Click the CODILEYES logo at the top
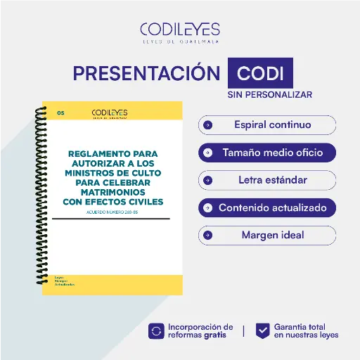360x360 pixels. point(179,32)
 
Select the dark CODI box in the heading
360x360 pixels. point(260,74)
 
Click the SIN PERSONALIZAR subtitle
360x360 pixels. point(269,94)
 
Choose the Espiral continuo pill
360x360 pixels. point(267,125)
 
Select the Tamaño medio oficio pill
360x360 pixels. point(267,153)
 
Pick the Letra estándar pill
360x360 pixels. point(267,180)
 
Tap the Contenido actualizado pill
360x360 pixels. point(267,207)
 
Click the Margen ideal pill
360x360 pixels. point(267,235)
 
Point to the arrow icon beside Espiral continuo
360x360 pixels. point(207,125)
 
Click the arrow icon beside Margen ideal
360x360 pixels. point(207,235)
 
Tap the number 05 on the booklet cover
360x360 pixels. point(60,112)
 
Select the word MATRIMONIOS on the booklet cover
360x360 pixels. point(112,191)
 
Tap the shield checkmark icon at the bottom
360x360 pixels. point(262,330)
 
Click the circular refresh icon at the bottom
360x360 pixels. point(155,330)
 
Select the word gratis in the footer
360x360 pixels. point(214,335)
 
